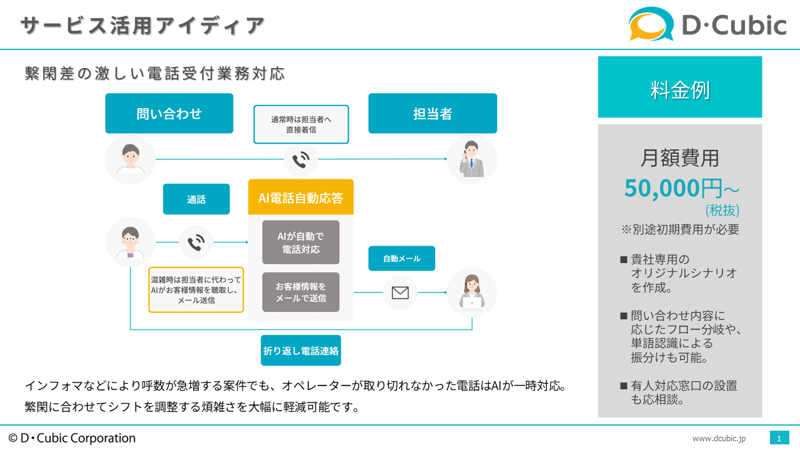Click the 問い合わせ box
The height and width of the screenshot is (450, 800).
pyautogui.click(x=169, y=113)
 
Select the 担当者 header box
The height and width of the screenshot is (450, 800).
pyautogui.click(x=432, y=113)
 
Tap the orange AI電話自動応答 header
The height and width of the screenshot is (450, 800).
pyautogui.click(x=301, y=197)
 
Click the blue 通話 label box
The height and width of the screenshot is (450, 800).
pyautogui.click(x=196, y=199)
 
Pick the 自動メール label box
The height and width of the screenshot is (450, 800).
pyautogui.click(x=402, y=258)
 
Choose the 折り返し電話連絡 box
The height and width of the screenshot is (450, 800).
pyautogui.click(x=301, y=351)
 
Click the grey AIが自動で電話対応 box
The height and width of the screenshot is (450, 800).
pyautogui.click(x=301, y=242)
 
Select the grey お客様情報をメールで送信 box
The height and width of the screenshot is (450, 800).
pyautogui.click(x=301, y=292)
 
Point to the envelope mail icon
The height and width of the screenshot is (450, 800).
pyautogui.click(x=400, y=293)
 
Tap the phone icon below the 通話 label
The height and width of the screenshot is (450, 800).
pyautogui.click(x=196, y=242)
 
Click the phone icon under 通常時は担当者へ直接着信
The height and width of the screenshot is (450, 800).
pyautogui.click(x=301, y=159)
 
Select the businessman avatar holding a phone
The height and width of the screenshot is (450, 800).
pyautogui.click(x=472, y=159)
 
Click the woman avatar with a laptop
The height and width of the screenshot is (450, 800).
pyautogui.click(x=472, y=292)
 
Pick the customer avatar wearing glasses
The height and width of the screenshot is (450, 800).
pyautogui.click(x=131, y=242)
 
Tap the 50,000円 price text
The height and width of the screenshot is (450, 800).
pyautogui.click(x=674, y=188)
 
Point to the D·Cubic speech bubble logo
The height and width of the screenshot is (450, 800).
pyautogui.click(x=651, y=24)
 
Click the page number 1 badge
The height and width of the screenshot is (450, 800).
pyautogui.click(x=779, y=438)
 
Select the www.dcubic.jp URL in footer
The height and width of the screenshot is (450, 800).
pyautogui.click(x=719, y=438)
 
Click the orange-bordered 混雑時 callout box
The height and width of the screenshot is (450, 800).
pyautogui.click(x=196, y=289)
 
